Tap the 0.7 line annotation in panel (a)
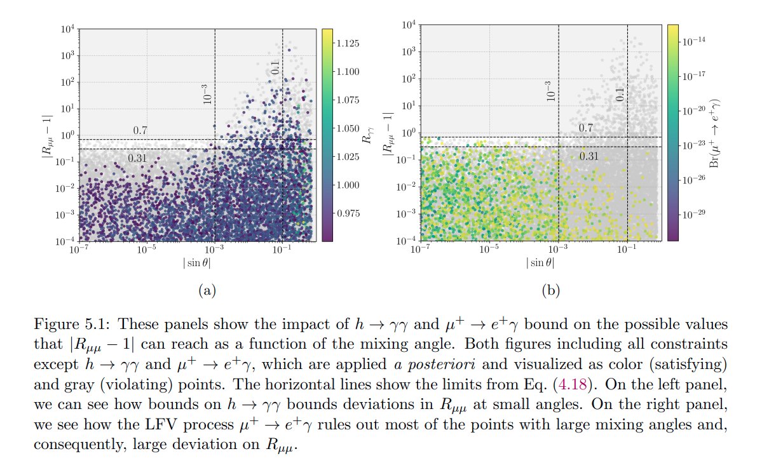(140, 130)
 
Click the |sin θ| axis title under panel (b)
(540, 262)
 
